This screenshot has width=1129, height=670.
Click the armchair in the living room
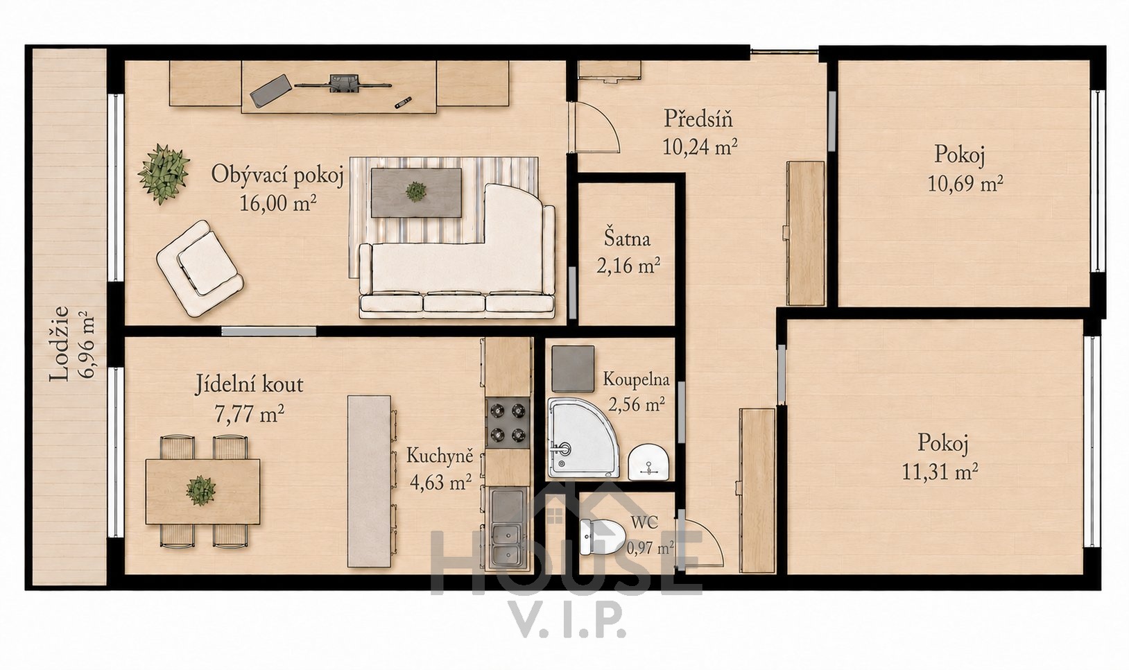point(200,268)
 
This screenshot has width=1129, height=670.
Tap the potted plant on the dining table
point(200,490)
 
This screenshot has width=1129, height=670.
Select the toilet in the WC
point(602,536)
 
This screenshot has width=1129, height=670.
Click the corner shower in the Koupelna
point(582,437)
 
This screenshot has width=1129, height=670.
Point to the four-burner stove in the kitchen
point(508,423)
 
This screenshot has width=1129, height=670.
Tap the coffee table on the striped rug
point(416,193)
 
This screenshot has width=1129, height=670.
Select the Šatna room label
point(627,239)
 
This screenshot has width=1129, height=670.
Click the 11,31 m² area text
point(940,472)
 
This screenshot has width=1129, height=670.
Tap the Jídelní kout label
point(249,385)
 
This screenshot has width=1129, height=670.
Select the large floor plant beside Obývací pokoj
point(163,174)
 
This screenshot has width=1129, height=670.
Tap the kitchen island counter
point(369,481)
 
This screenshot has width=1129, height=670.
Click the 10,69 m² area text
point(965,184)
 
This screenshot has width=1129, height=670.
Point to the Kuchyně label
point(440,456)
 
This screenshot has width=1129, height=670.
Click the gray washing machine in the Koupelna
point(573,368)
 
